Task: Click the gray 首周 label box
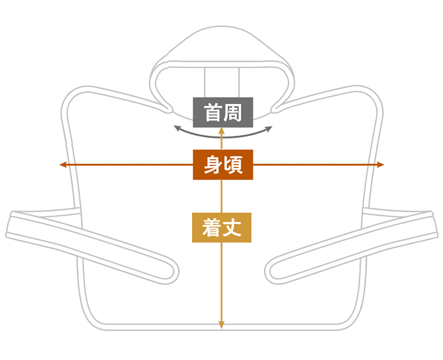pyautogui.click(x=223, y=112)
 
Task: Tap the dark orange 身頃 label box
pyautogui.click(x=223, y=164)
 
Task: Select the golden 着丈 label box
pyautogui.click(x=222, y=228)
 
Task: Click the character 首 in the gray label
pyautogui.click(x=213, y=112)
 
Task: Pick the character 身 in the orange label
pyautogui.click(x=213, y=165)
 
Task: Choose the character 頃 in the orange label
pyautogui.click(x=233, y=165)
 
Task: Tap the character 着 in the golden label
pyautogui.click(x=212, y=228)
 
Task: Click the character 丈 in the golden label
pyautogui.click(x=232, y=228)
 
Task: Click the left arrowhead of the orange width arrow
pyautogui.click(x=63, y=164)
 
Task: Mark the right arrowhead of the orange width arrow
pyautogui.click(x=380, y=164)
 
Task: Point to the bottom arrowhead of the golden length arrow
pyautogui.click(x=222, y=325)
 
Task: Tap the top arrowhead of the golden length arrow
pyautogui.click(x=222, y=131)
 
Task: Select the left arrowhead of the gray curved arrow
pyautogui.click(x=177, y=128)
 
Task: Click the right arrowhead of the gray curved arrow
pyautogui.click(x=269, y=129)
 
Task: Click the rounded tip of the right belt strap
pyautogui.click(x=269, y=272)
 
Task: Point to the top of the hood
pyautogui.click(x=222, y=27)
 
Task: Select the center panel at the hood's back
pyautogui.click(x=222, y=82)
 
